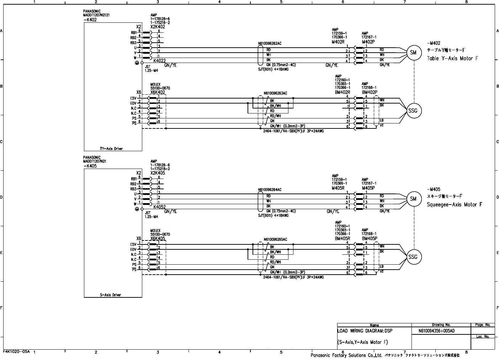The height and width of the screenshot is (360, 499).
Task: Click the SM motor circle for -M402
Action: [413, 53]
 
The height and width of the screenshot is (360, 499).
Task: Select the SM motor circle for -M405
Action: [413, 199]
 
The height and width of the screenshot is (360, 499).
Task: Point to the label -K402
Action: [90, 20]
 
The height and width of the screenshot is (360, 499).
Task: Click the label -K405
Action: [90, 166]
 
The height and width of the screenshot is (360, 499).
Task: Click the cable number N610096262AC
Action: [270, 44]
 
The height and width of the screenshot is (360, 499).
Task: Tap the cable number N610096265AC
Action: [275, 240]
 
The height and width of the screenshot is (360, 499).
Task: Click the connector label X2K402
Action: [158, 27]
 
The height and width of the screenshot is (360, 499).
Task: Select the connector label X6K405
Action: [158, 239]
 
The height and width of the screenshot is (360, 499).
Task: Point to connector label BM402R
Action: [343, 92]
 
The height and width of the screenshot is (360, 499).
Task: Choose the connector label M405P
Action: [368, 188]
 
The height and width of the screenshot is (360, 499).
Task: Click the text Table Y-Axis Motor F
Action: [452, 58]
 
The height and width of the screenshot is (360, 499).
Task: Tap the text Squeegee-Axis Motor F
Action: [455, 205]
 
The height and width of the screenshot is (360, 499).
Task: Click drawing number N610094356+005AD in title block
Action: [436, 331]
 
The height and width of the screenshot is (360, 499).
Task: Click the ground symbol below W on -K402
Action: [137, 63]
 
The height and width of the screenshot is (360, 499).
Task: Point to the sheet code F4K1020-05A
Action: [16, 351]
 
